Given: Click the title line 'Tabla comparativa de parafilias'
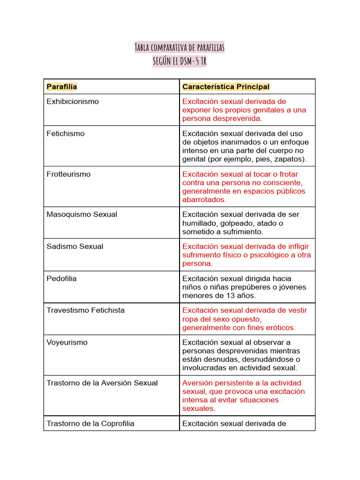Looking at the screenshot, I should coord(180,47).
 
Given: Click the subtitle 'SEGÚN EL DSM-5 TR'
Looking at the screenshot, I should coord(180,61).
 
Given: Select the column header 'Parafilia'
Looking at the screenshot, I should coord(62,87).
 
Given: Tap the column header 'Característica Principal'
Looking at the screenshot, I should coord(226,87).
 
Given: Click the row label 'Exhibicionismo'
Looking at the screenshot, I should coord(73,102).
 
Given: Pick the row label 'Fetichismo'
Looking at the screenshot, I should coord(66,134).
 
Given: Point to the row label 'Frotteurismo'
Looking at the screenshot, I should coord(68,174).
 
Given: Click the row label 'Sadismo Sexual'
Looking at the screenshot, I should coord(75,247).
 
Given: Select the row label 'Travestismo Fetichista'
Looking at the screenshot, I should coord(86,310).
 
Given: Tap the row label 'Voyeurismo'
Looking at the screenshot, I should coord(67,343).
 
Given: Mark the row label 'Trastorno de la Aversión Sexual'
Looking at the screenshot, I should coord(102,383).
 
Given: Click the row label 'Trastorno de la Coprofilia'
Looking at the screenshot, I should coord(90,424).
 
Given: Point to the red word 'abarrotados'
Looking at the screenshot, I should coord(203,200).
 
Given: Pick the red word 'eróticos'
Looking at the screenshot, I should coord(280,328).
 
